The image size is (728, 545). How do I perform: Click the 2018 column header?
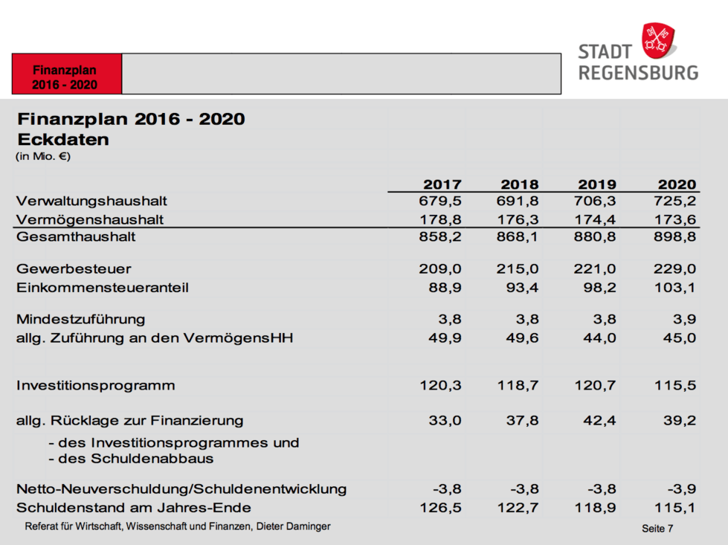pos(520,184)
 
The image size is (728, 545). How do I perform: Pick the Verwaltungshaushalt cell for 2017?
pos(442,201)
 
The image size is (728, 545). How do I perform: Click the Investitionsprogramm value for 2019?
pos(596,385)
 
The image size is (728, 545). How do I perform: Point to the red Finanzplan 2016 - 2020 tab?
pos(65,77)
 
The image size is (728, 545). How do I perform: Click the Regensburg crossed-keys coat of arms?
pos(658,39)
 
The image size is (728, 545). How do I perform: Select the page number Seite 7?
pos(657,529)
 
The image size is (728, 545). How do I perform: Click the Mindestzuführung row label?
pos(81,319)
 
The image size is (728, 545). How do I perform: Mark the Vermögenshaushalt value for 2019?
pos(596,219)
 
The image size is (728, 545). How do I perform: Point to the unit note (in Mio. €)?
pos(42,156)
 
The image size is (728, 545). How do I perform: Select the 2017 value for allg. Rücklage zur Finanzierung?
pos(445,420)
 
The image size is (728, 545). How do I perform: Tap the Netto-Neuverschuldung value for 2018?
pos(524,488)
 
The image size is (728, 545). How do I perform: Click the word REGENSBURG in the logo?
pos(639,73)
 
